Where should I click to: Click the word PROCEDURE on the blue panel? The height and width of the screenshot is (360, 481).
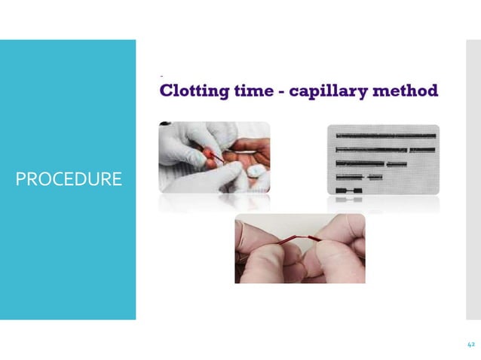tap(69, 180)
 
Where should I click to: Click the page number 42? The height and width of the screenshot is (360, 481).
tap(470, 344)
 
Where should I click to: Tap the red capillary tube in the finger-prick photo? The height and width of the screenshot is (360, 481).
tap(216, 157)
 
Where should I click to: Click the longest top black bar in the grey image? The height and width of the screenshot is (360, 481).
tap(385, 136)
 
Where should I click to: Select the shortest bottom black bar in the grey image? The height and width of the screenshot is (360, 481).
tap(348, 191)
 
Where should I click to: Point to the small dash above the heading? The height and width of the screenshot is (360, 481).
tap(161, 76)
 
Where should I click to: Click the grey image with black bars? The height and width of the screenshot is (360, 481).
tap(382, 160)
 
